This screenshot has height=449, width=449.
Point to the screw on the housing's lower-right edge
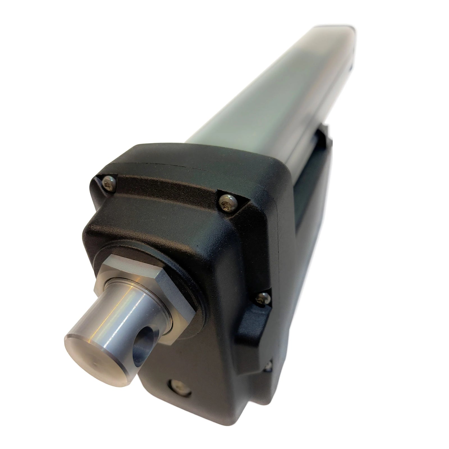(269, 365)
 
